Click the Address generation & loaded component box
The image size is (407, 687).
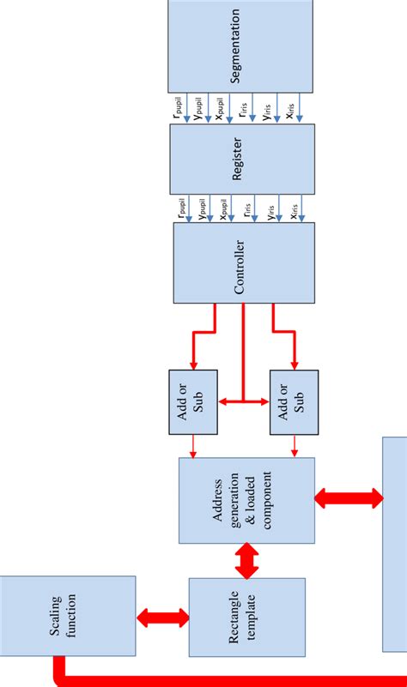click(x=246, y=500)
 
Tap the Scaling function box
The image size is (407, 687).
click(x=68, y=615)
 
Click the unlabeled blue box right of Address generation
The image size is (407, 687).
click(x=395, y=545)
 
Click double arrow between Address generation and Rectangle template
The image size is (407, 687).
click(x=247, y=560)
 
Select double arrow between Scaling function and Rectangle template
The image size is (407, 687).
click(x=162, y=617)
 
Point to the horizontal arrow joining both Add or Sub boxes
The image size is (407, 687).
click(x=244, y=401)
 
